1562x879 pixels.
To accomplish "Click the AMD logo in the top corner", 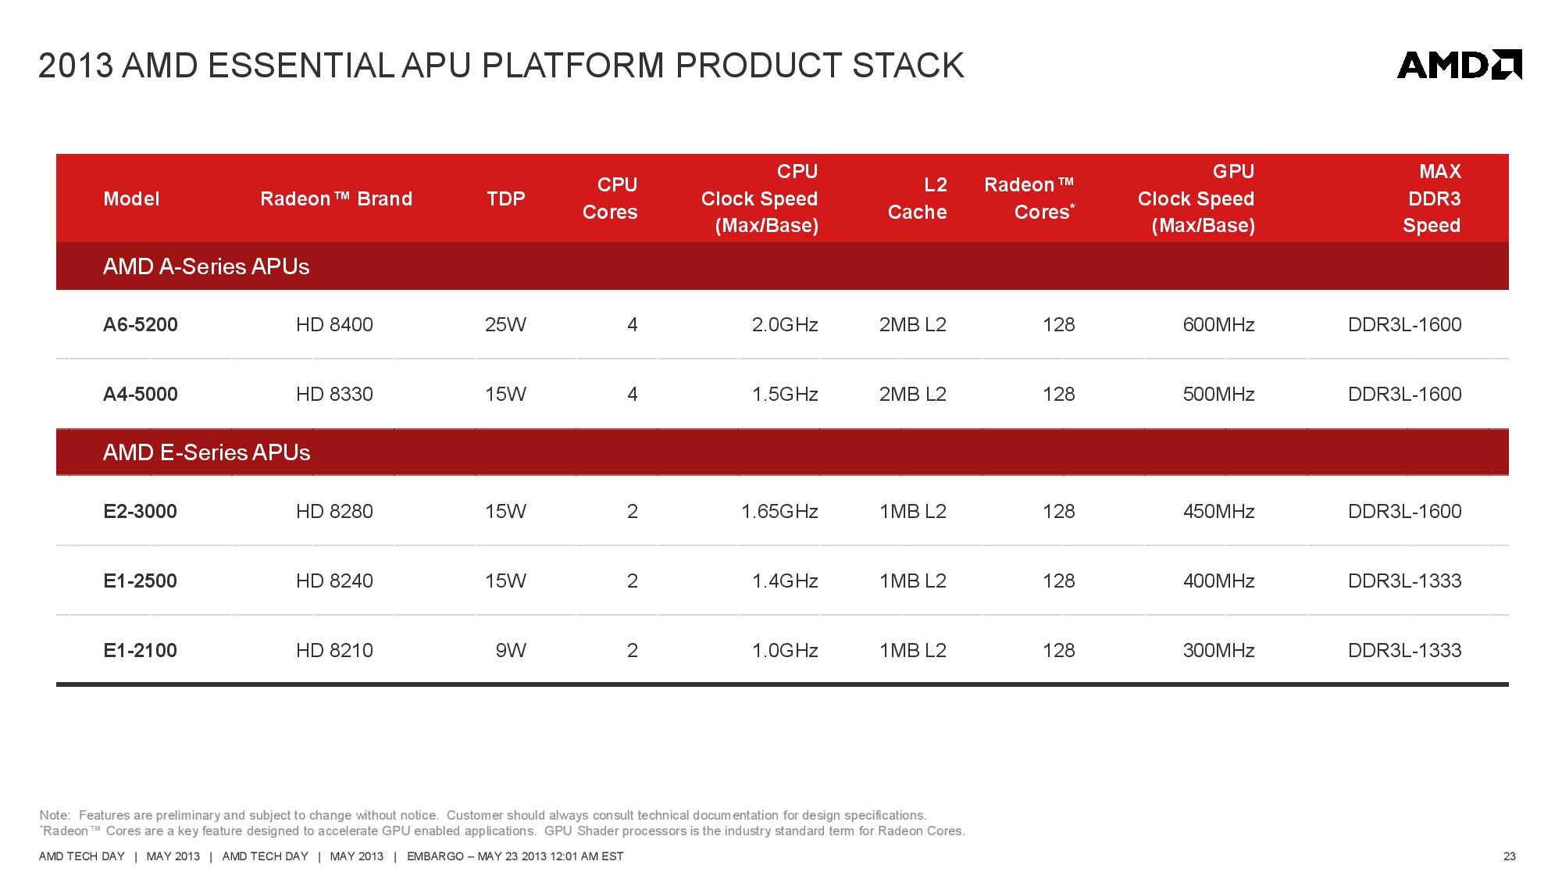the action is click(1459, 65).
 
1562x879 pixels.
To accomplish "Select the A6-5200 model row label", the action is click(141, 324).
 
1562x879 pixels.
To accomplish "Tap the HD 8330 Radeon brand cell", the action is click(334, 394).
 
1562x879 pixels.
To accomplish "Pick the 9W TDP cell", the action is click(511, 650).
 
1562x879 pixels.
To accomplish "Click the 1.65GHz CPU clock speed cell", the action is click(779, 511).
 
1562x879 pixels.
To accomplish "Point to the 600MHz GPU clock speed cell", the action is click(1218, 324).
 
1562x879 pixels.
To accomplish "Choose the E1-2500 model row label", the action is click(141, 581).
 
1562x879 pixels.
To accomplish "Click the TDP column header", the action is click(506, 198).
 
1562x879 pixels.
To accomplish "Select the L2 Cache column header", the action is click(918, 198).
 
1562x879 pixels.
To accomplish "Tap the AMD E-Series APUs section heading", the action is click(207, 452).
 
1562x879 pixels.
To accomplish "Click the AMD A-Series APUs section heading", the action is click(206, 266).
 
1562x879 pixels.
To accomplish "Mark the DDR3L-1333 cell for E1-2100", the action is click(1405, 650).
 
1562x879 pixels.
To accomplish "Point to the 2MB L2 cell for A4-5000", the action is click(913, 394).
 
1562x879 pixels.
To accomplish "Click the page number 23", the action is click(1510, 856).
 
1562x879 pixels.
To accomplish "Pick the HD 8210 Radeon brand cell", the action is click(334, 650).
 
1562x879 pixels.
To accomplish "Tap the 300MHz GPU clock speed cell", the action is click(1218, 650).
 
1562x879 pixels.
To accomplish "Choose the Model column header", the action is click(131, 198).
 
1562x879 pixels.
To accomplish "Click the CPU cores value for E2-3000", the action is click(633, 511).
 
